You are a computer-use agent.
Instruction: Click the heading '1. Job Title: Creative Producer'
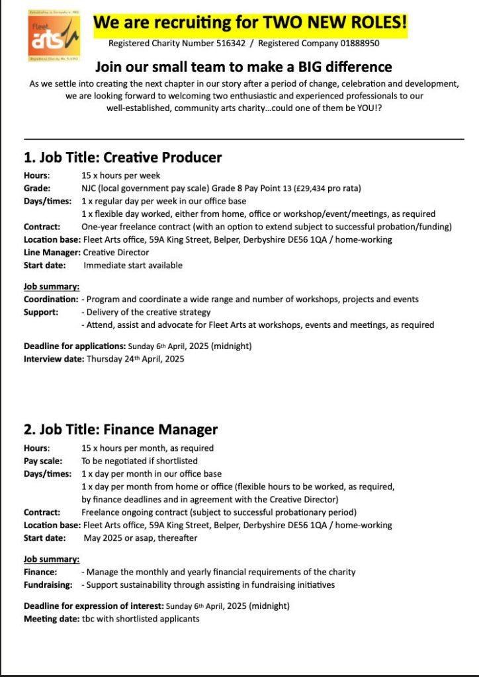point(123,157)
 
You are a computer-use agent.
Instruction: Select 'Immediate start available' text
point(132,265)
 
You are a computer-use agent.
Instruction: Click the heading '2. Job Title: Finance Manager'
point(121,429)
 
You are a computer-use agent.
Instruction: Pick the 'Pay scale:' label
point(44,461)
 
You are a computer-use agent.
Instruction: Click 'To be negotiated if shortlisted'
point(140,461)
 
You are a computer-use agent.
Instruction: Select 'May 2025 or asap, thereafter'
point(140,538)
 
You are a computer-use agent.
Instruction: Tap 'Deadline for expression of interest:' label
point(93,606)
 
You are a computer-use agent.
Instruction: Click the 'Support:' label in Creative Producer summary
point(41,312)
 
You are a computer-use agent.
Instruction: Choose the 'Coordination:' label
point(51,299)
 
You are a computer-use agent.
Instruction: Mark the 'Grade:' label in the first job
point(37,188)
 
